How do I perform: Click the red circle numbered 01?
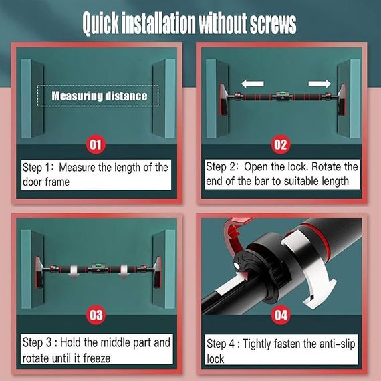click(96, 144)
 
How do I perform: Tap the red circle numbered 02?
click(281, 144)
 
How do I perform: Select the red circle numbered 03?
click(96, 315)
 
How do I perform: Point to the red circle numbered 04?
click(281, 315)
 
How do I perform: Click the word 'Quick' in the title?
click(100, 23)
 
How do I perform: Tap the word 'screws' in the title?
click(273, 23)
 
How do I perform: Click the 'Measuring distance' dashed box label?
click(99, 96)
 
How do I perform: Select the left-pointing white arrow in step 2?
click(253, 84)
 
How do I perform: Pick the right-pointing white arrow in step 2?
click(320, 84)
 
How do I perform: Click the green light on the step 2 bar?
click(282, 93)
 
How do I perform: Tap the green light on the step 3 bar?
click(97, 265)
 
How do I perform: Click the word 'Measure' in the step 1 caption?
click(78, 168)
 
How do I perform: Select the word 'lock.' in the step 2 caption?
click(298, 167)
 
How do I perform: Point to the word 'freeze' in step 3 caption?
click(97, 358)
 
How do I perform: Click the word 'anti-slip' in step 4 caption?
click(337, 344)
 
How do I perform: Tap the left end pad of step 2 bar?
click(223, 99)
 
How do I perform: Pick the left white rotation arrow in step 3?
click(74, 271)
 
